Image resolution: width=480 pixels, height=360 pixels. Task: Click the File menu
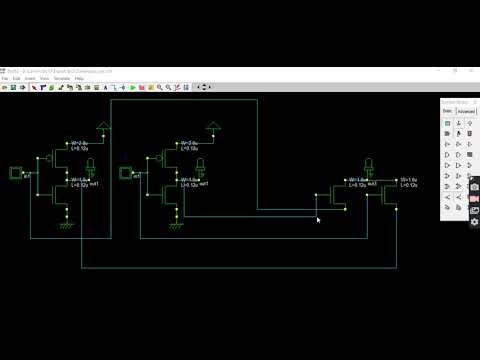(5, 78)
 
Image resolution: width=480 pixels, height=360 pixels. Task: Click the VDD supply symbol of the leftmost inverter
(103, 125)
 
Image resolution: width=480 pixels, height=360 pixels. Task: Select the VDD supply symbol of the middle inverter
(211, 126)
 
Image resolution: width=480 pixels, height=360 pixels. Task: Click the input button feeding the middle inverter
(127, 174)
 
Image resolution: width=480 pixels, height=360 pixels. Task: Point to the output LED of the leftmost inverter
(91, 164)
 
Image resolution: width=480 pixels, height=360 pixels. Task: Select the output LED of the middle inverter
(199, 164)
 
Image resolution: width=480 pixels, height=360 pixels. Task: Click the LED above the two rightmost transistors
(369, 165)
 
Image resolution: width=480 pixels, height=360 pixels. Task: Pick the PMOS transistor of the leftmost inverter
(58, 156)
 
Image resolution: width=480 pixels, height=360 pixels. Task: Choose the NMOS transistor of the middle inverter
(167, 191)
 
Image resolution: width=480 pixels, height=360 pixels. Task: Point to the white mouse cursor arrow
(318, 219)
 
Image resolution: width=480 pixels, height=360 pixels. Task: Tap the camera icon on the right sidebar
(474, 187)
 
